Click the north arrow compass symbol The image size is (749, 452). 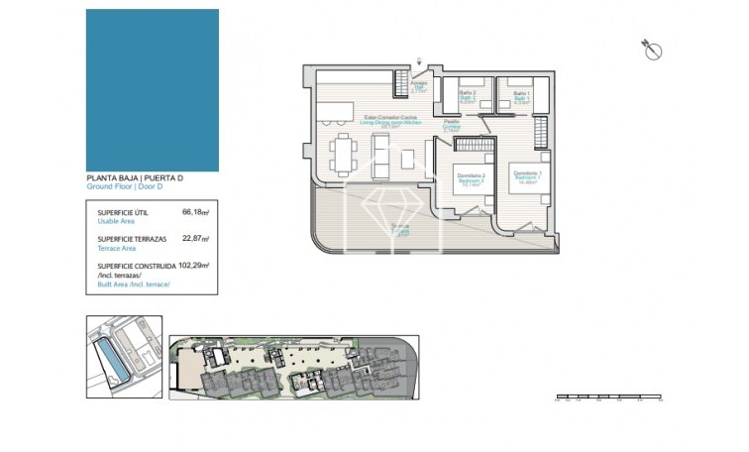[652, 51]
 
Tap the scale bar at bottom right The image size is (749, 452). [607, 398]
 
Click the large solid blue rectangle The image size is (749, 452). [152, 90]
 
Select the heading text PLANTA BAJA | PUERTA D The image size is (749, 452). [135, 178]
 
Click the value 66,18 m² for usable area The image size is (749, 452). [195, 212]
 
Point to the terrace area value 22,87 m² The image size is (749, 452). [195, 239]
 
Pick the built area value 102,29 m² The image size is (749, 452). [198, 266]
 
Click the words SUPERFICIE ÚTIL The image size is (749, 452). [123, 212]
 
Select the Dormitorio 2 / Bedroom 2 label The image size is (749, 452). [470, 180]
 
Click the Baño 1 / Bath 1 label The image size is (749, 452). [522, 96]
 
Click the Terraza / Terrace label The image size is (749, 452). [400, 230]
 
